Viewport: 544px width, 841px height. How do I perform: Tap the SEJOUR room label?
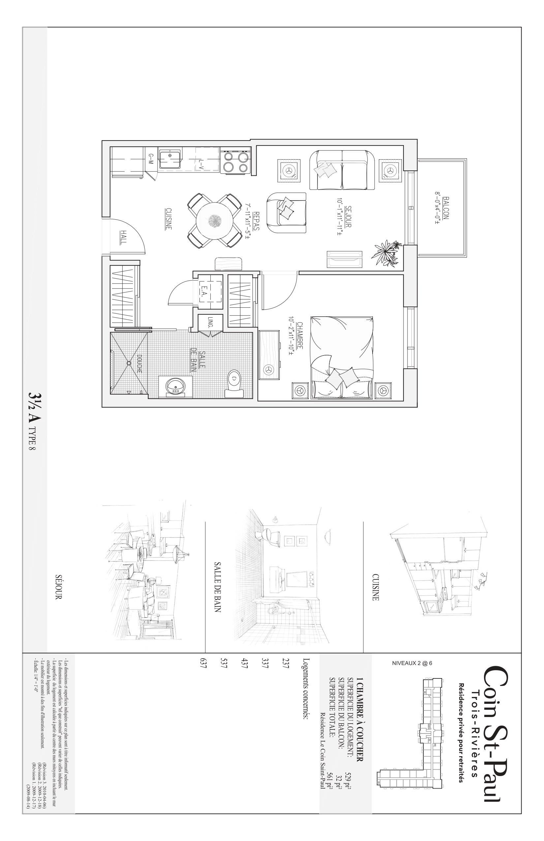click(x=348, y=216)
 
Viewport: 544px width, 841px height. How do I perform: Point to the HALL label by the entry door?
click(x=123, y=237)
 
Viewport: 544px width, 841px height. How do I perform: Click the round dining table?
click(x=214, y=222)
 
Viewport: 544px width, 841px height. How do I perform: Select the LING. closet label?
click(x=210, y=322)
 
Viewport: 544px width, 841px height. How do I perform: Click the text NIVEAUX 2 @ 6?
click(x=412, y=663)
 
